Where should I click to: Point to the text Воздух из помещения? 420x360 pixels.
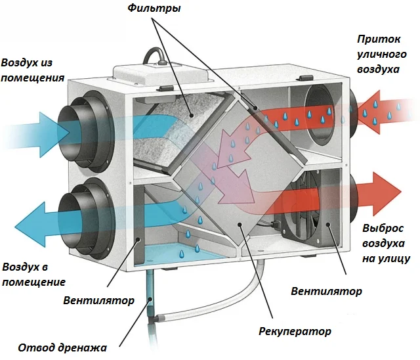tap(33, 70)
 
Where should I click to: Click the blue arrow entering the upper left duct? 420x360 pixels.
tap(26, 127)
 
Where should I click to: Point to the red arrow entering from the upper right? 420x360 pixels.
tap(387, 107)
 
